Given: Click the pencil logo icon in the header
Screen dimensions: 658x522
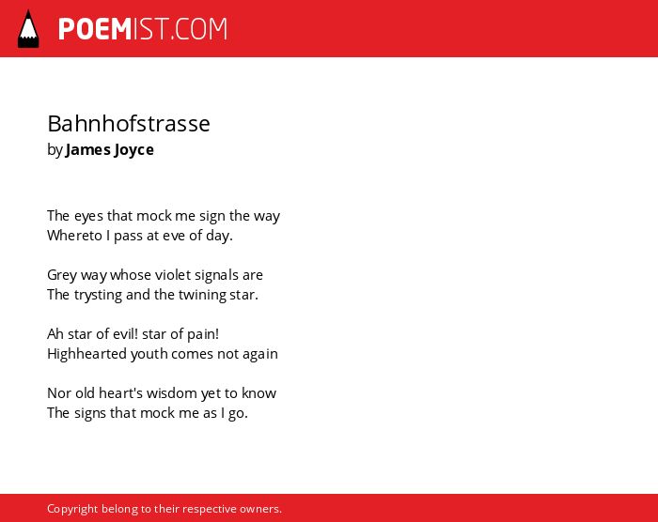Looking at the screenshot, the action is click(x=28, y=29).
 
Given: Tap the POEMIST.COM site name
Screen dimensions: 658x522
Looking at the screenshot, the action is click(x=143, y=29).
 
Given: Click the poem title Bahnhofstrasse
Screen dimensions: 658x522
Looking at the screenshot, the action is click(x=129, y=124).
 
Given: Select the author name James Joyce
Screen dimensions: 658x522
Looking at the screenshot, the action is click(x=110, y=150).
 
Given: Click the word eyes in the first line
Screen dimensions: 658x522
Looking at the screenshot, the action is click(x=88, y=216).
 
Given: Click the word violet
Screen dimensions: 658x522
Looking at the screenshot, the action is click(x=169, y=275).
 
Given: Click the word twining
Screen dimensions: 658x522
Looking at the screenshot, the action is click(x=202, y=295).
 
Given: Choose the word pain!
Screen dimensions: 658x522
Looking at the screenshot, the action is click(x=203, y=334).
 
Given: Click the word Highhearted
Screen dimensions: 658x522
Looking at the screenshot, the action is click(x=87, y=354).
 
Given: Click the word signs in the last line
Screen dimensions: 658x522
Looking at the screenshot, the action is click(x=90, y=414).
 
